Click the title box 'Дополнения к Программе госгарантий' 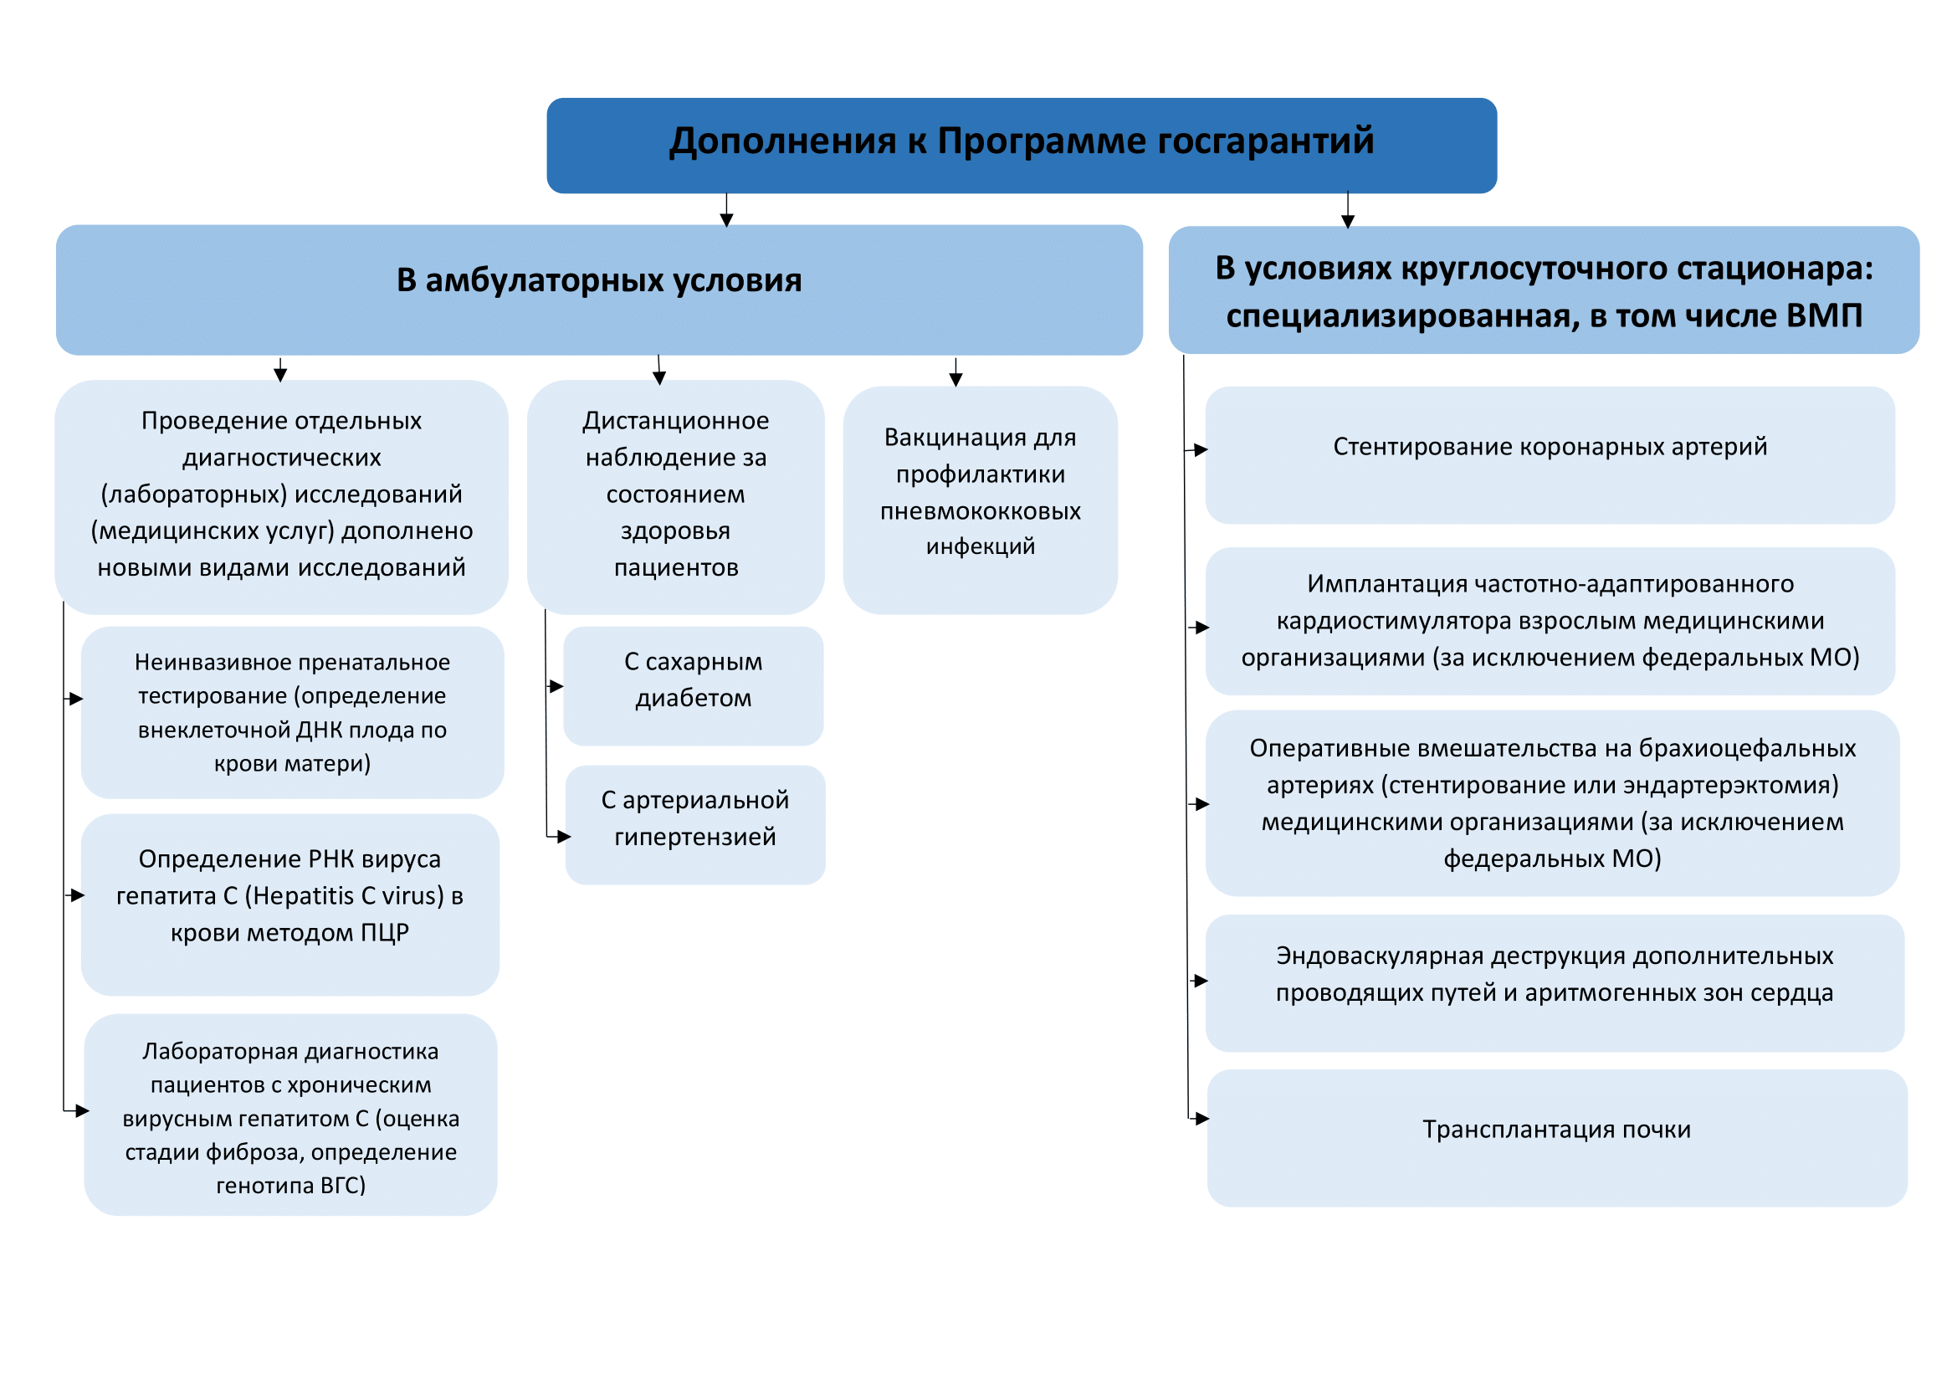tap(1021, 145)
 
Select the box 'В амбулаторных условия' tap(598, 289)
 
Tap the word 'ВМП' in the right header tap(1823, 316)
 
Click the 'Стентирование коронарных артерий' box tap(1549, 454)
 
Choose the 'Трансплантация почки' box tap(1555, 1137)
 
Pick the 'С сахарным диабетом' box tap(693, 685)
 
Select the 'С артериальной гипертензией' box tap(694, 824)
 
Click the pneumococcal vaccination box tap(980, 500)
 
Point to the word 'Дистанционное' tap(675, 421)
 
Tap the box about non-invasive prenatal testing tap(291, 711)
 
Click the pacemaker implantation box tap(1549, 620)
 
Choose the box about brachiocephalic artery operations tap(1551, 802)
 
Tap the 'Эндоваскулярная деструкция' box tap(1553, 982)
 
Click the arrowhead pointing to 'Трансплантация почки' tap(1201, 1118)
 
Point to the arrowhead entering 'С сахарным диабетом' tap(556, 686)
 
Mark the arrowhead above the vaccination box tap(955, 380)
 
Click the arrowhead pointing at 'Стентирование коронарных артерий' tap(1201, 450)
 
